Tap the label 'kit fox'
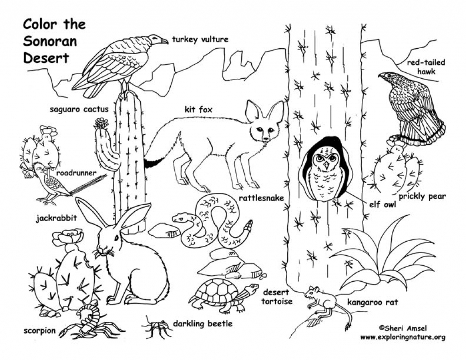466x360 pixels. click(198, 109)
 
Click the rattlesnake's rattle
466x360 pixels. click(248, 226)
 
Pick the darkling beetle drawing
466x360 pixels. click(156, 326)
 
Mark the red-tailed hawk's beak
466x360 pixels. click(381, 76)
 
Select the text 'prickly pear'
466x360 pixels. click(422, 197)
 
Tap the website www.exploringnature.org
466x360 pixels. click(402, 337)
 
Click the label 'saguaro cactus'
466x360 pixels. click(79, 109)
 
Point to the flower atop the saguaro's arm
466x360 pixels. click(101, 123)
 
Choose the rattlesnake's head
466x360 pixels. click(178, 218)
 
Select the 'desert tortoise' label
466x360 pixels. click(277, 296)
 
